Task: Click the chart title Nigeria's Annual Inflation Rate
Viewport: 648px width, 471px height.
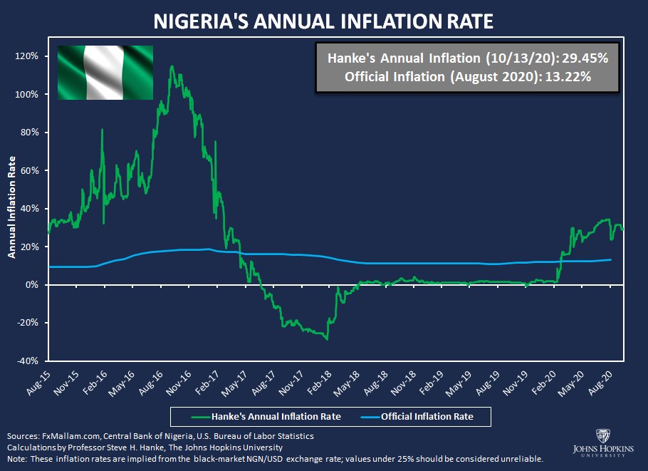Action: coord(324,21)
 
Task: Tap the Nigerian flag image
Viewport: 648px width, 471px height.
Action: coord(105,72)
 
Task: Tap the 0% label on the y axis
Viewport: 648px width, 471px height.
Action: coord(36,285)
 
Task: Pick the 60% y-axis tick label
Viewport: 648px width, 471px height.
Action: coord(33,171)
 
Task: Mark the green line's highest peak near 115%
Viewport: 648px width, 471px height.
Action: coord(172,66)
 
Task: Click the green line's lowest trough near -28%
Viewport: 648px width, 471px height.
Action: coord(327,339)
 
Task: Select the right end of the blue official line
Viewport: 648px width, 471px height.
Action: coord(612,259)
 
